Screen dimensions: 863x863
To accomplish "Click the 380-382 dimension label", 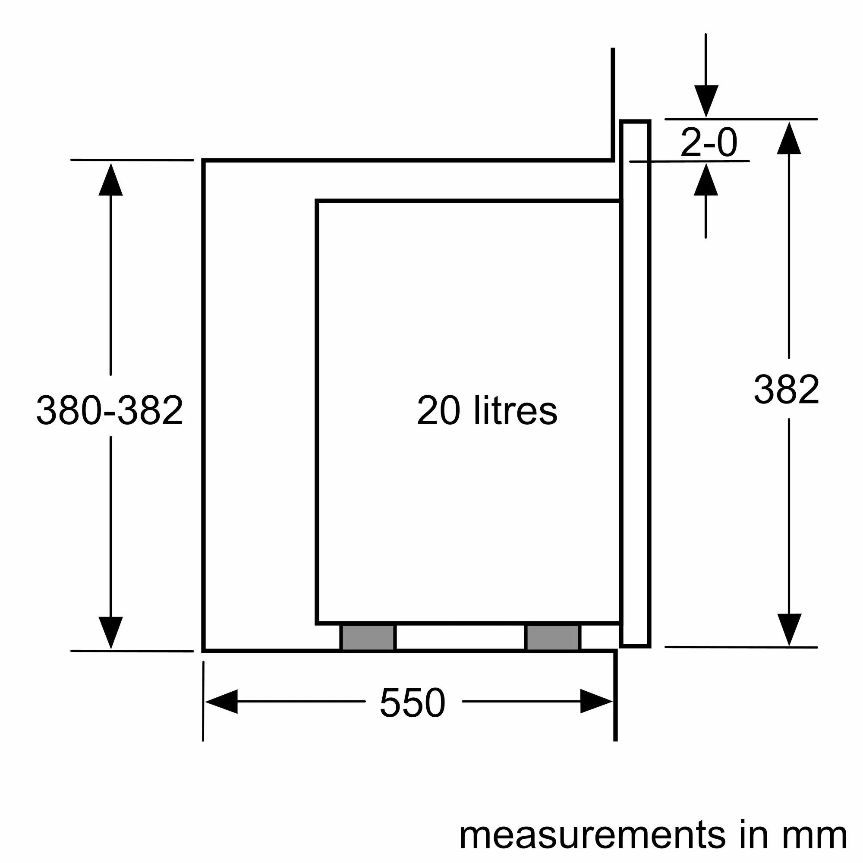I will click(110, 410).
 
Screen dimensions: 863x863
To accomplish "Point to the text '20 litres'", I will click(487, 410).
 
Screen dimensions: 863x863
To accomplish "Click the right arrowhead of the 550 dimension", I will click(596, 701).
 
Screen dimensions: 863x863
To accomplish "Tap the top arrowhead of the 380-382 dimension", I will click(110, 180).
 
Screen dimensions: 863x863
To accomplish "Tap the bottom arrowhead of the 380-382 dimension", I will click(110, 632).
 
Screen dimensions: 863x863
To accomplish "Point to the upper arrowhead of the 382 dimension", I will click(789, 139).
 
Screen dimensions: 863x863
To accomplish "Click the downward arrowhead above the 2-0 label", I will click(706, 101).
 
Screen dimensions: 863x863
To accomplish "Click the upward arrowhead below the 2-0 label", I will click(706, 180).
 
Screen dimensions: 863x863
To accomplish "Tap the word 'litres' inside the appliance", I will click(516, 410).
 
